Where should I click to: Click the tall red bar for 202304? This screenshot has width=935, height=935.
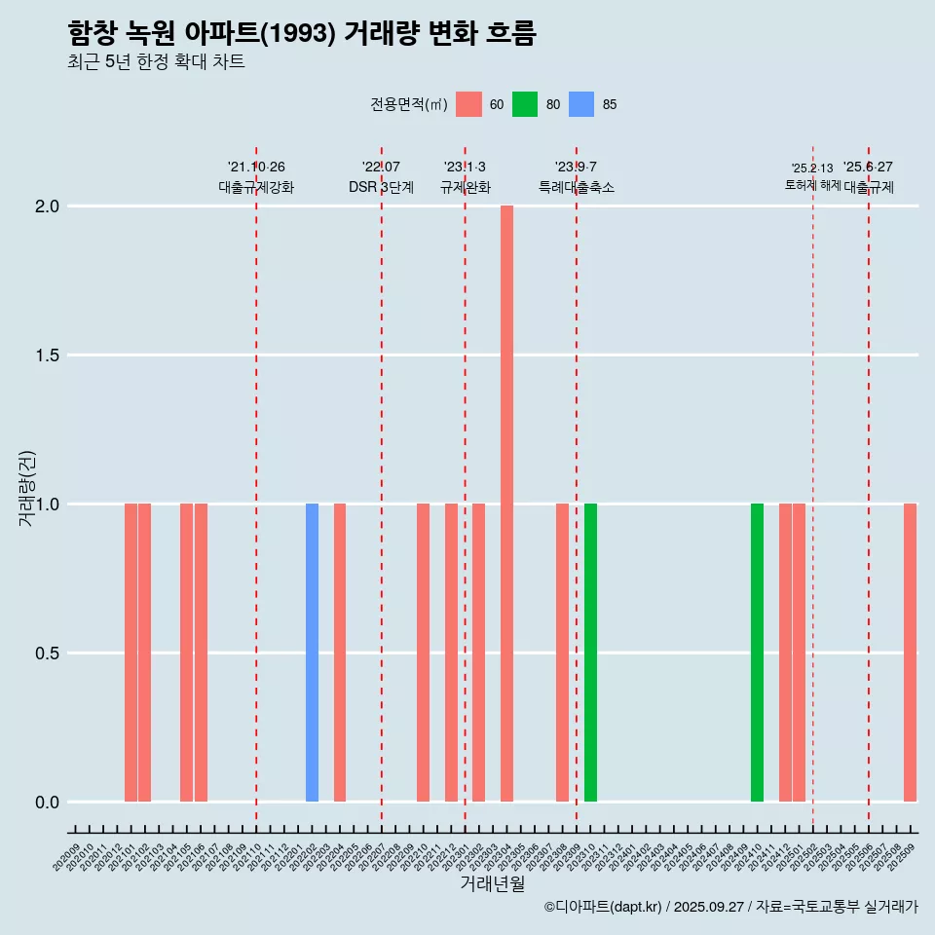click(506, 504)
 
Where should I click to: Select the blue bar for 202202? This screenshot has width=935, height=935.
click(312, 653)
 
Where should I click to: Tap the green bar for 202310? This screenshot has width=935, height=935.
click(590, 653)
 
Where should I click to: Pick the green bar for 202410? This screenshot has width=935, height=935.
click(757, 653)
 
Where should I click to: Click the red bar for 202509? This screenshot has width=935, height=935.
click(910, 653)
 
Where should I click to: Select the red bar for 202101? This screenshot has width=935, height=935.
click(131, 653)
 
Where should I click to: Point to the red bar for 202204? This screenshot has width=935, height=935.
click(340, 653)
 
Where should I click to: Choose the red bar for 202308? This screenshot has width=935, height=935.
click(562, 653)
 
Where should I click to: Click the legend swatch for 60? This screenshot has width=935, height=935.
click(468, 104)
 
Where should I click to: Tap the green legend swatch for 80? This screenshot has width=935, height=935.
click(525, 104)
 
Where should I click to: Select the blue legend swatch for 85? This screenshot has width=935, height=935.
click(580, 104)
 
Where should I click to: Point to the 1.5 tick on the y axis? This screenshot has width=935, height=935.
click(47, 355)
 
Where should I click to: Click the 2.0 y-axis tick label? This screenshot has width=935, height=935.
click(47, 206)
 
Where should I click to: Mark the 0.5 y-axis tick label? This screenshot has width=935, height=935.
click(47, 653)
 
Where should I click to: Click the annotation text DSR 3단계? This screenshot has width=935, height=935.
click(381, 187)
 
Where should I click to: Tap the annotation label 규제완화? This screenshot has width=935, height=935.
click(465, 187)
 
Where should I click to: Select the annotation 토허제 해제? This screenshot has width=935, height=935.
click(812, 185)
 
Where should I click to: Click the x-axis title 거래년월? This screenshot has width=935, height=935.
click(492, 884)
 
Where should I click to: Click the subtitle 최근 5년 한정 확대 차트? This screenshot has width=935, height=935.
click(156, 62)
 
